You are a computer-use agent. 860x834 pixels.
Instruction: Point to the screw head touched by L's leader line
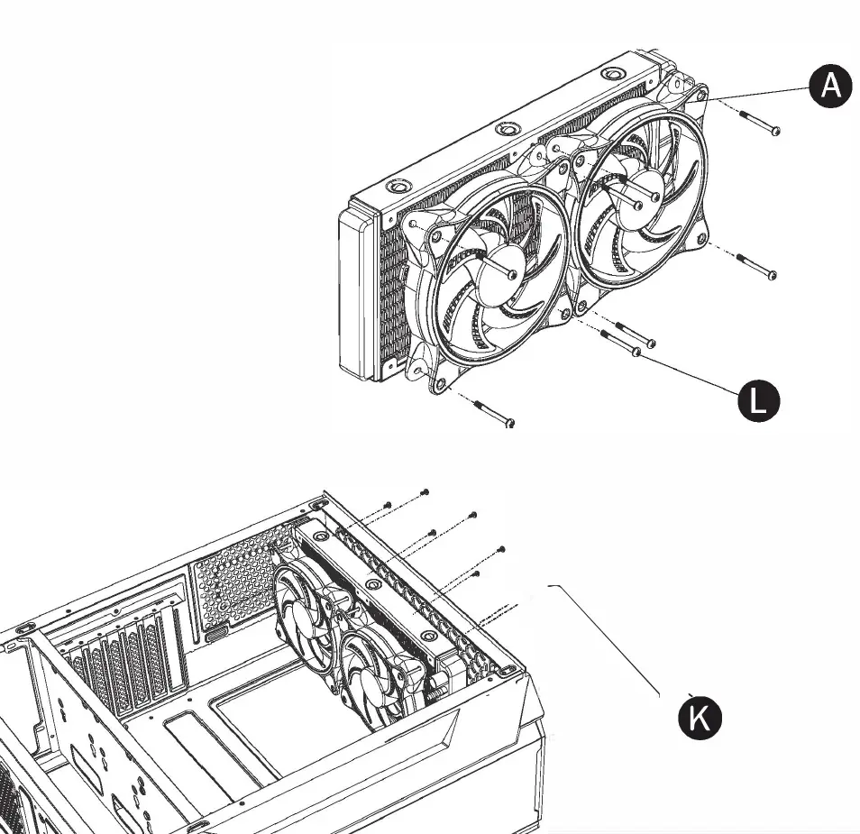(637, 352)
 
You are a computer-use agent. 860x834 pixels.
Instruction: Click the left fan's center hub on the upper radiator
(511, 272)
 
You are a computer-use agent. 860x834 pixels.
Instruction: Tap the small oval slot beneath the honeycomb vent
(217, 635)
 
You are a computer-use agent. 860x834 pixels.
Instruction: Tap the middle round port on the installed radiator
(371, 583)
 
